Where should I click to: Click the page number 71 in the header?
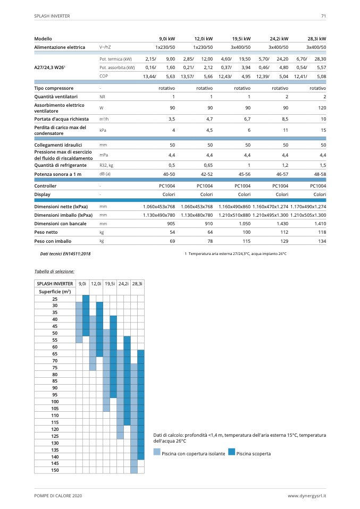pos(323,16)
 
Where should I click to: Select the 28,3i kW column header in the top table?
pos(317,39)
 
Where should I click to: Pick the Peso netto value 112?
pos(284,233)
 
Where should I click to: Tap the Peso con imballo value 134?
pos(322,241)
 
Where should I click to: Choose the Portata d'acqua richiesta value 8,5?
pos(284,119)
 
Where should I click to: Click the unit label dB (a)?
pos(105,174)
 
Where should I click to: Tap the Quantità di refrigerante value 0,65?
pos(207,165)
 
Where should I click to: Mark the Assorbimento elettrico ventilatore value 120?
pos(321,108)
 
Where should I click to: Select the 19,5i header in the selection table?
pos(110,284)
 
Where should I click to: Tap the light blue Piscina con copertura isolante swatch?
pos(156,453)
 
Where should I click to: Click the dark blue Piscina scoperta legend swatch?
pos(231,453)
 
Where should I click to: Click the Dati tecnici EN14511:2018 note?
pos(65,254)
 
